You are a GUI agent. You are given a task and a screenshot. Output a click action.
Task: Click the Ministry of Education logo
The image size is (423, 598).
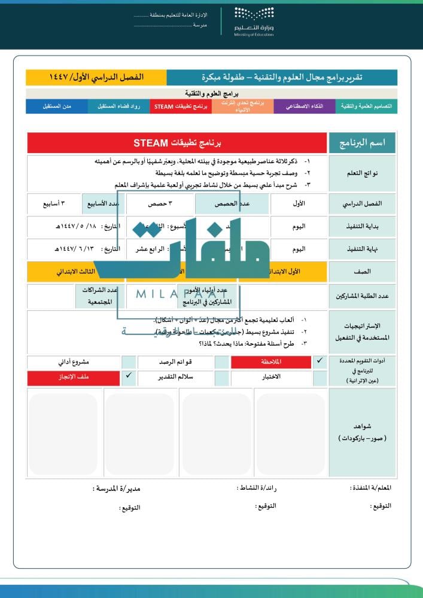tap(253, 22)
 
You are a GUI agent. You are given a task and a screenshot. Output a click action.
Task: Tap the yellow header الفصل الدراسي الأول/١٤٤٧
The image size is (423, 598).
tap(96, 77)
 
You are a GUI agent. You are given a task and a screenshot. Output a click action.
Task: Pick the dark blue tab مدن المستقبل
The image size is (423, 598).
tap(57, 106)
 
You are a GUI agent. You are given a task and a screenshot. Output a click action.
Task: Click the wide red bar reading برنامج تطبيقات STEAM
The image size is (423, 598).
tap(177, 143)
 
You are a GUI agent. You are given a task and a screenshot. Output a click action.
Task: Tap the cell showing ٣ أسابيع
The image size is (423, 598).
tap(54, 203)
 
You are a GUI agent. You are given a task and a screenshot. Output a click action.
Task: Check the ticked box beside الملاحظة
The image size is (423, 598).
tap(319, 361)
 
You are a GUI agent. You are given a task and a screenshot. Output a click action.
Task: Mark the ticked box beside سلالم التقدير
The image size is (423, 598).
tap(129, 377)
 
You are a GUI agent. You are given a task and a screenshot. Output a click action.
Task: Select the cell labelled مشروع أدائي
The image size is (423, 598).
tap(74, 362)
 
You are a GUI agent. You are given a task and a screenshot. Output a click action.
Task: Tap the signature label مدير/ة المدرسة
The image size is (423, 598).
tap(117, 489)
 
